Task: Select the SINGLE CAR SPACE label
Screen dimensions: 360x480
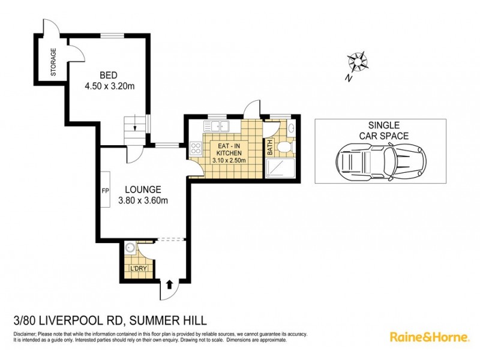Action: click(x=380, y=130)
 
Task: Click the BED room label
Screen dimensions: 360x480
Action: click(x=108, y=75)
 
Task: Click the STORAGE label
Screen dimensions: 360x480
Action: click(x=53, y=62)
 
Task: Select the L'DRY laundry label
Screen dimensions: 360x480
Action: click(x=138, y=268)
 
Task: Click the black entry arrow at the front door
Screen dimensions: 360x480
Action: click(x=169, y=284)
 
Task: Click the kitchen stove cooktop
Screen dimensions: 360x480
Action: click(x=195, y=147)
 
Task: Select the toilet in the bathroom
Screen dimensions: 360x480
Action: click(x=286, y=146)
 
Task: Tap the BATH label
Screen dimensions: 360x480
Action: click(x=270, y=145)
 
